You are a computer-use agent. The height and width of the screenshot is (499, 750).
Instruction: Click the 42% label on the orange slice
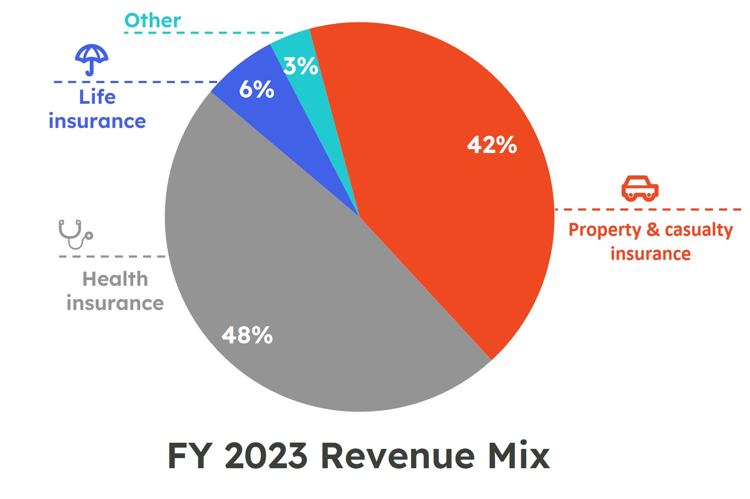tap(492, 145)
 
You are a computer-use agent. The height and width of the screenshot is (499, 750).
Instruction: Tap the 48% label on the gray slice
tap(247, 335)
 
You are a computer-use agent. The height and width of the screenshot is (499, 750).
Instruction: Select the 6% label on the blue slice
tap(256, 89)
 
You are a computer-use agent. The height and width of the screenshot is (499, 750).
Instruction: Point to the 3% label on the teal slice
tap(300, 66)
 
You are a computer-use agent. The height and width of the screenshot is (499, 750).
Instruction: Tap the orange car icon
tap(640, 189)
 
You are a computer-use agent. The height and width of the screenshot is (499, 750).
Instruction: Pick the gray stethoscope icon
tap(75, 234)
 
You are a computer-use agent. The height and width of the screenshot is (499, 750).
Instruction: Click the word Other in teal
tap(153, 21)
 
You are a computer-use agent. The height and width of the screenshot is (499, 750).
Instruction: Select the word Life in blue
tap(97, 97)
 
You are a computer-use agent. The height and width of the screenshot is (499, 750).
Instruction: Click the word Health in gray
tap(115, 279)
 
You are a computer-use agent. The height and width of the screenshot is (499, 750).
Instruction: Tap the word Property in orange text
tap(605, 230)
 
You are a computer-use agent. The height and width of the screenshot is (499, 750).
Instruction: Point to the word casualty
tap(699, 229)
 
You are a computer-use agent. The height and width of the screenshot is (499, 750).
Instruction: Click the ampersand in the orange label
tap(653, 229)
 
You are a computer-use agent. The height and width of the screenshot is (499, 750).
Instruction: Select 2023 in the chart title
tap(266, 455)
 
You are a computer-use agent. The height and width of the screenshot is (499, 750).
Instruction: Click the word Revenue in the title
tap(398, 455)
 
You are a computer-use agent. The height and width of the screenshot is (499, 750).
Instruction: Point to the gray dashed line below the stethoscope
tap(112, 256)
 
